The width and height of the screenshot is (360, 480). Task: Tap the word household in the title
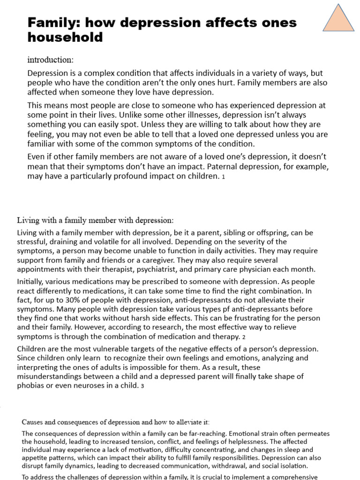pos(65,37)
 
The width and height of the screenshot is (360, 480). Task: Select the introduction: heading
pos(51,60)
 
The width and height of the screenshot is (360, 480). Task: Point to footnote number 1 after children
pos(224,177)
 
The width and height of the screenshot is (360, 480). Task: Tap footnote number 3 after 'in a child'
pos(142,386)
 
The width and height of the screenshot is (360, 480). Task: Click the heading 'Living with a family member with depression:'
pos(95,220)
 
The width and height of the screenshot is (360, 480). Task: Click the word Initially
pos(31,282)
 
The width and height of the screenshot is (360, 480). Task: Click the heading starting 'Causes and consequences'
pos(116,422)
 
